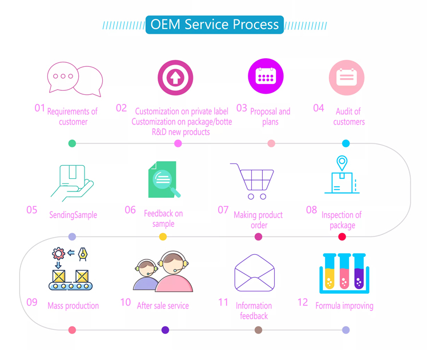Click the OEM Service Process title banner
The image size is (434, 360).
214,25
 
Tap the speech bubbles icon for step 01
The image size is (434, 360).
75,79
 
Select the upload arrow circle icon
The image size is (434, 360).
175,78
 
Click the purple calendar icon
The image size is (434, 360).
266,77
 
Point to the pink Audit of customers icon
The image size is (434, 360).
346,77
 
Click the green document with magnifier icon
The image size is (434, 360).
163,179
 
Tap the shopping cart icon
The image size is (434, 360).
253,181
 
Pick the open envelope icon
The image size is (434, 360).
255,273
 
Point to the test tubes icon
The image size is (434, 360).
344,273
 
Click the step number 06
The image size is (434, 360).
130,210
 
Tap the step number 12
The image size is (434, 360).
303,302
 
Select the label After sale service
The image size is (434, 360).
163,306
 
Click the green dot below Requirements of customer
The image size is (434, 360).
72,143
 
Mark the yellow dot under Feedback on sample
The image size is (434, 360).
163,237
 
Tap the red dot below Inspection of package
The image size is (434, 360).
342,237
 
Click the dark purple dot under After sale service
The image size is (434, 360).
165,330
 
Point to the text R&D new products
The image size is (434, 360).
180,132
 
